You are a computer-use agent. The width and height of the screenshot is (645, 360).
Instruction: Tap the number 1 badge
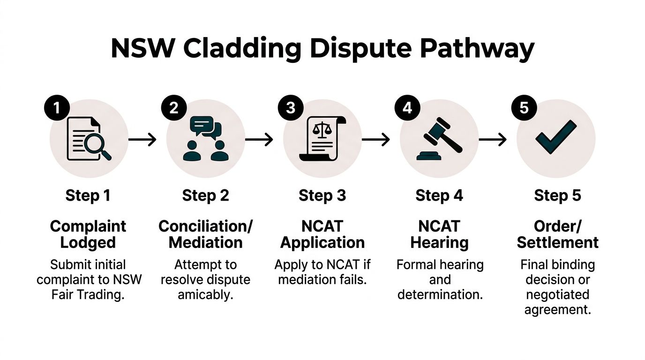[x=57, y=108]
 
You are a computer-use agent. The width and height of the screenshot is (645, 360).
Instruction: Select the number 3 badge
[x=291, y=108]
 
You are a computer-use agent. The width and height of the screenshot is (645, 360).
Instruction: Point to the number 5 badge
[x=524, y=108]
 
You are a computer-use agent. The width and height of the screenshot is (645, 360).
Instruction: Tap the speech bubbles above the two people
[x=205, y=127]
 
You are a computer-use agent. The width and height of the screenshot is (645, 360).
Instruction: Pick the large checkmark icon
[x=555, y=137]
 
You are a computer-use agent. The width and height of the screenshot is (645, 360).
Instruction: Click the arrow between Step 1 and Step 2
[x=142, y=139]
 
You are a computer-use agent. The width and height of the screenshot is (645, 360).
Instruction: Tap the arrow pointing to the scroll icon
[x=259, y=139]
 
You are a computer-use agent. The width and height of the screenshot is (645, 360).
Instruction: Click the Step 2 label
[x=205, y=195]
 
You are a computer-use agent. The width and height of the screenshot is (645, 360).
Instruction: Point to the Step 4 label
[x=439, y=195]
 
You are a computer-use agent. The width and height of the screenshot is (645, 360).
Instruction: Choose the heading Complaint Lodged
[x=88, y=234]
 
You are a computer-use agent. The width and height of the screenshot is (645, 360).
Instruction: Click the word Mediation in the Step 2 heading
[x=205, y=242]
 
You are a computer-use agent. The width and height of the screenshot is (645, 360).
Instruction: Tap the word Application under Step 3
[x=322, y=242]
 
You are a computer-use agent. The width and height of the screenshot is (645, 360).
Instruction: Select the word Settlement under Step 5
[x=557, y=242]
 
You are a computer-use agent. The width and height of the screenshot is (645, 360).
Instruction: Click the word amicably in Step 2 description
[x=205, y=295]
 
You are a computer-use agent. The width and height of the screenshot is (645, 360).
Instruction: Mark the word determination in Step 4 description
[x=439, y=295]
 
